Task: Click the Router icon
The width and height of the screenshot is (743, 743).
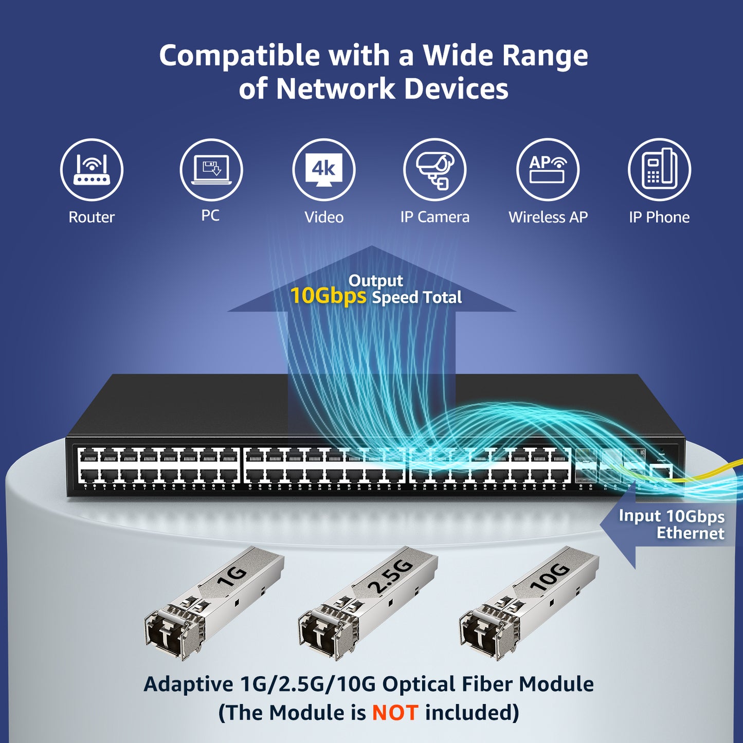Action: tap(92, 170)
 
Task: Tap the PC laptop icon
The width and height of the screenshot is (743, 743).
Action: tap(211, 170)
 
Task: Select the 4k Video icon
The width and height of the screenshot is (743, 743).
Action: tap(324, 170)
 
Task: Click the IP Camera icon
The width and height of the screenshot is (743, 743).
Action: tap(435, 170)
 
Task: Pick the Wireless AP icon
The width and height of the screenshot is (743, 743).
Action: tap(548, 170)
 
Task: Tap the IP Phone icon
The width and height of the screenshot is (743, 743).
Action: tap(659, 170)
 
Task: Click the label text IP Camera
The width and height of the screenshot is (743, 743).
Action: tap(435, 217)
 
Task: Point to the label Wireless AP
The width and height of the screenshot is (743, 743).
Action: tap(548, 217)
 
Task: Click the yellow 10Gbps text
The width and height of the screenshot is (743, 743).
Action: tap(328, 296)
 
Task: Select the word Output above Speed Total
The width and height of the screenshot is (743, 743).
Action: tap(376, 281)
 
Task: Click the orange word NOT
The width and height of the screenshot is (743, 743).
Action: tap(395, 713)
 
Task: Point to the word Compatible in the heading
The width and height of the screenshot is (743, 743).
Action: tap(239, 56)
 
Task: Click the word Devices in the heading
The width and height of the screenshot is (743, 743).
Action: tap(456, 89)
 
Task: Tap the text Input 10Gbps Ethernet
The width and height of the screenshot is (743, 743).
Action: tap(672, 524)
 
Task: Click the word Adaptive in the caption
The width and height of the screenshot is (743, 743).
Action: tap(188, 684)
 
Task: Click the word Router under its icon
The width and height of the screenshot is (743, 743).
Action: tap(92, 217)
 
